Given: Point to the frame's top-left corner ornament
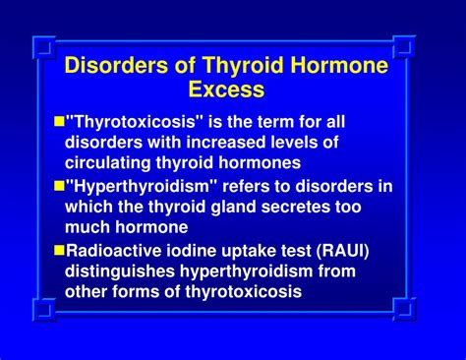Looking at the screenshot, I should pos(42,45).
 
